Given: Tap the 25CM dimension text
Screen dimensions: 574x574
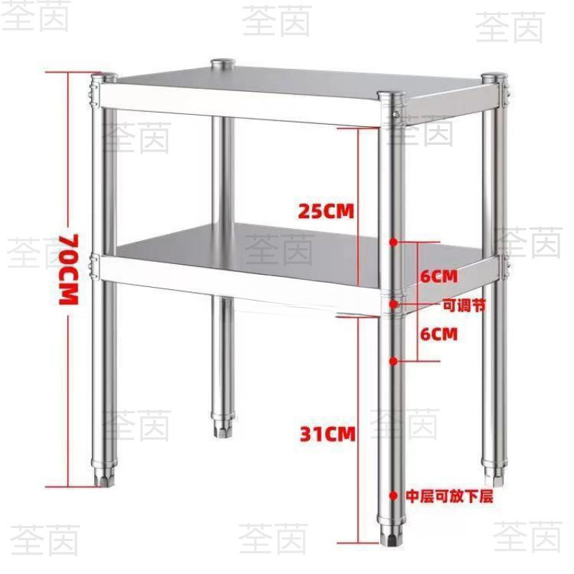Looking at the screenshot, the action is (x=327, y=212).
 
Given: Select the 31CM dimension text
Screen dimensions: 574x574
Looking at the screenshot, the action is (x=327, y=433).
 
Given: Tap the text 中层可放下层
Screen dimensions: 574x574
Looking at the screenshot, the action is (x=449, y=496).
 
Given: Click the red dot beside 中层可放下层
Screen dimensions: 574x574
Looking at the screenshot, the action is (x=393, y=495).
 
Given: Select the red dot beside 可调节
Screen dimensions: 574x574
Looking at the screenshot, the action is (x=393, y=305).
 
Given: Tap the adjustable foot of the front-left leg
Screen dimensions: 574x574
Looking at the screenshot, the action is (x=105, y=477).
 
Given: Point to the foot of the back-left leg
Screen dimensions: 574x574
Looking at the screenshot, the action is (x=222, y=427).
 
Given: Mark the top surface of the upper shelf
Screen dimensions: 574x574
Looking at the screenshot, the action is (x=301, y=83).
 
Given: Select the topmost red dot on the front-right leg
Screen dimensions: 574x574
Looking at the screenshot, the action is (x=393, y=243).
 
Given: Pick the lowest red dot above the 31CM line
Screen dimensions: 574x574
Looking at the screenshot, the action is (x=393, y=360).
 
